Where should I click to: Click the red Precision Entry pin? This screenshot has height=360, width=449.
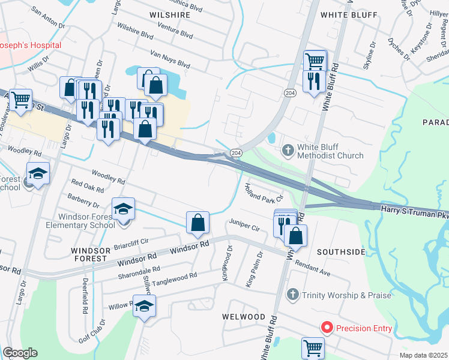[x=327, y=328]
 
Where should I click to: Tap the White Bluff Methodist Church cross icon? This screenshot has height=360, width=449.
[x=288, y=149]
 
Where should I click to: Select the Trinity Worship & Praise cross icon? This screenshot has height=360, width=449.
[x=292, y=295]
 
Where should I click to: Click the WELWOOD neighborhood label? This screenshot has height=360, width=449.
[x=244, y=316]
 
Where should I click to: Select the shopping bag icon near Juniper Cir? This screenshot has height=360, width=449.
[x=197, y=223]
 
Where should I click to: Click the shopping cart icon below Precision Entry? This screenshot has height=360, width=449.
[x=313, y=347]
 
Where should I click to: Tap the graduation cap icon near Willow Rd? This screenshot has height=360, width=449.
[x=145, y=306]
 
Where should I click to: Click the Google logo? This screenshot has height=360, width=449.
[x=20, y=353]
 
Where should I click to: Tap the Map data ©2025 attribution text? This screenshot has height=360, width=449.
[x=424, y=355]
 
